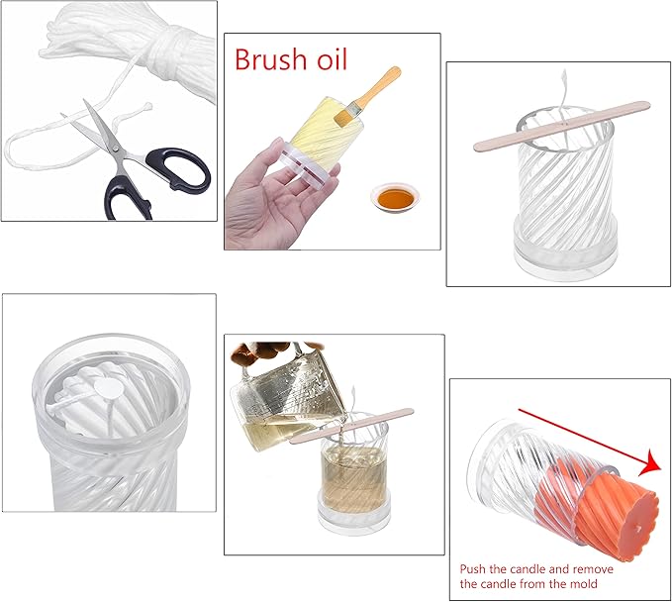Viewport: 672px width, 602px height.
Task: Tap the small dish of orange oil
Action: click(393, 197)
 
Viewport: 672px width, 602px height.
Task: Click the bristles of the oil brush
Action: click(345, 116)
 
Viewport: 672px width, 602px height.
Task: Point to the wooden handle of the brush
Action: click(376, 87)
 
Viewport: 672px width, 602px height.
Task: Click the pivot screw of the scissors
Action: click(115, 149)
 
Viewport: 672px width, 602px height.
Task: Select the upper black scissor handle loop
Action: click(178, 169)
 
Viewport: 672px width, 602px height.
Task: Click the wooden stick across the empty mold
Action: click(562, 126)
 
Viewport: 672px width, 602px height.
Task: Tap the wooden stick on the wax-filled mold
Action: click(351, 427)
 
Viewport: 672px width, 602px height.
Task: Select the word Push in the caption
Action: click(473, 569)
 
